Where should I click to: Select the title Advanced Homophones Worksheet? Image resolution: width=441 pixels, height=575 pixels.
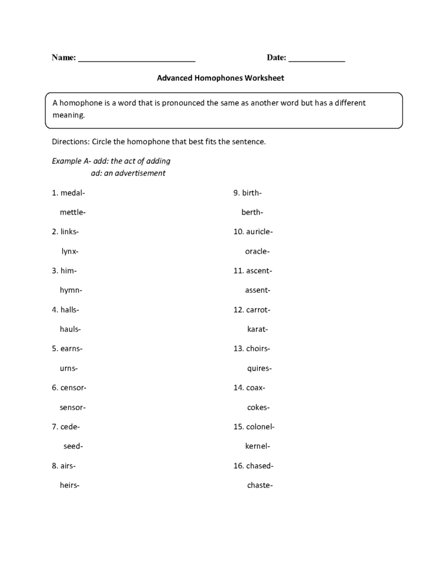coord(220,78)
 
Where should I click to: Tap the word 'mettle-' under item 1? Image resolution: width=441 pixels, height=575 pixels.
coord(72,212)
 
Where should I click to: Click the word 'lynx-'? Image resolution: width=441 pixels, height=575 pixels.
coord(70,251)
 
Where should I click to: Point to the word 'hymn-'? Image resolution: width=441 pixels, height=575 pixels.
coord(71,290)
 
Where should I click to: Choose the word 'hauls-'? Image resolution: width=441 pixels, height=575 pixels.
coord(70,329)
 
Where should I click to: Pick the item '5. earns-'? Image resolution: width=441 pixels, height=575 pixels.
coord(67,349)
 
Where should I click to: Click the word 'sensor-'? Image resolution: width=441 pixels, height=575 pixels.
coord(72,407)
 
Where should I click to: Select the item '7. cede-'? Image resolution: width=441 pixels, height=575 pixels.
coord(65,427)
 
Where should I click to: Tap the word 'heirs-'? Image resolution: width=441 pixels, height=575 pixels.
coord(69,485)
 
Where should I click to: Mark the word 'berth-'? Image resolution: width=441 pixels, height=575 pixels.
coord(252,212)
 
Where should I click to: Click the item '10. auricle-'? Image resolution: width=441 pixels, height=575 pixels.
coord(253,232)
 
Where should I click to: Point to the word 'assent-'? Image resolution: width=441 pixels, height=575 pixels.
coord(257,290)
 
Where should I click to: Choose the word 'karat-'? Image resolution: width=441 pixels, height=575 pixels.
coord(257,329)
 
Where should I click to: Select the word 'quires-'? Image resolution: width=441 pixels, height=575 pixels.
coord(259,368)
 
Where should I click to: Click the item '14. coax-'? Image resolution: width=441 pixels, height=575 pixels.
coord(249,388)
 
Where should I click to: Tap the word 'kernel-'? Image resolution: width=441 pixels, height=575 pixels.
coord(257,446)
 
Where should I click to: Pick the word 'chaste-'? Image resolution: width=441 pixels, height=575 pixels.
coord(260,485)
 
